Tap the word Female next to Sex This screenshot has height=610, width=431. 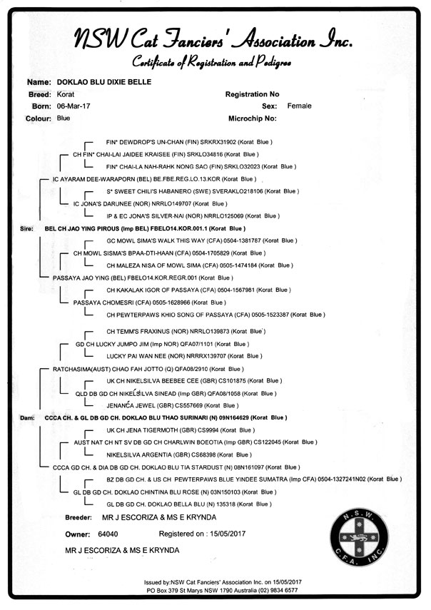(x=299, y=106)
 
